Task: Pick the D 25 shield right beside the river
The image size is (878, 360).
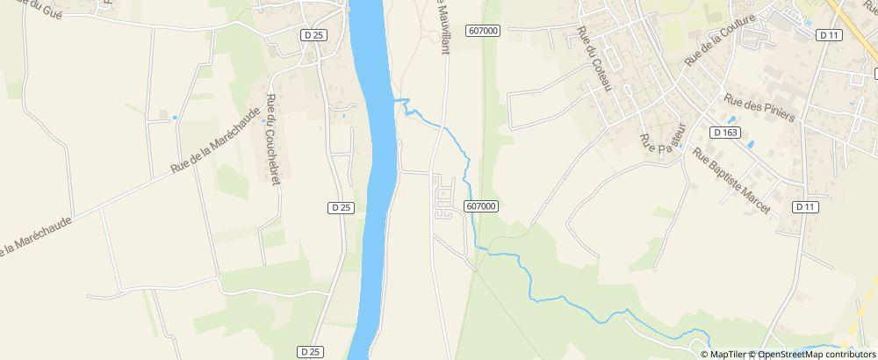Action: pyautogui.click(x=342, y=207)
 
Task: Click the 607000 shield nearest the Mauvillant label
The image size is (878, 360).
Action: pyautogui.click(x=483, y=30)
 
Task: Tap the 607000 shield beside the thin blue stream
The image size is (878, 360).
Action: pyautogui.click(x=482, y=206)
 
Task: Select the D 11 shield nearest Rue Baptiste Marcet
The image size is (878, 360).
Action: pyautogui.click(x=804, y=207)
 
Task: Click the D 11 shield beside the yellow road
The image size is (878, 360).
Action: pyautogui.click(x=828, y=35)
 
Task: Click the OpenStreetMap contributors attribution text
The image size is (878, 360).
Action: pyautogui.click(x=817, y=354)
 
